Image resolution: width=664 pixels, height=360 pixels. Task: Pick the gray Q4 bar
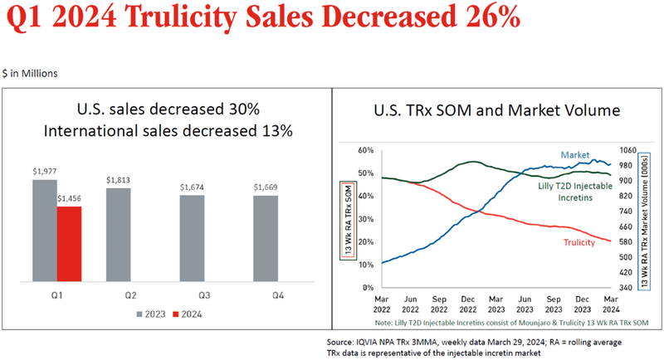coord(266,240)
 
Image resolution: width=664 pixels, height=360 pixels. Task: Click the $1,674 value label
coord(192,187)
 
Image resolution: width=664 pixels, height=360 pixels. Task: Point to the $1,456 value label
coord(70,199)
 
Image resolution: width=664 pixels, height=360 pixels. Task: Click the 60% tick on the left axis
coord(368,151)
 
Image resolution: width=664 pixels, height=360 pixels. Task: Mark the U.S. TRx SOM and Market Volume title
coord(496,110)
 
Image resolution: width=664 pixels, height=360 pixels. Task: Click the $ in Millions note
coord(31,73)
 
